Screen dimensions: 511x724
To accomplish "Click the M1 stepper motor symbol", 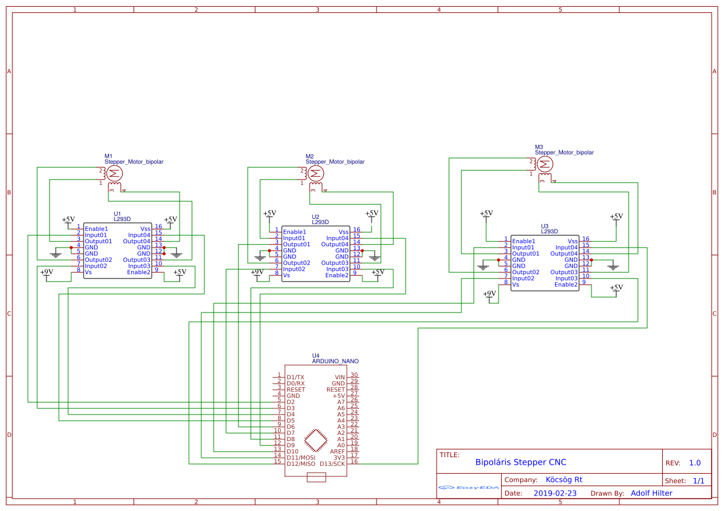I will click(x=116, y=173).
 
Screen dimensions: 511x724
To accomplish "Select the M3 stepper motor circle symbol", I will click(x=545, y=164).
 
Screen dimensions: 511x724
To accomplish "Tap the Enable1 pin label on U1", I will click(x=96, y=229).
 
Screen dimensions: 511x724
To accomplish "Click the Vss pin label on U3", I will click(x=573, y=241).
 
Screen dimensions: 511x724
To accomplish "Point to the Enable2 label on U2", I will click(x=337, y=275).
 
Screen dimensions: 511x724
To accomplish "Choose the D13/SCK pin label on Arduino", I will click(x=332, y=463).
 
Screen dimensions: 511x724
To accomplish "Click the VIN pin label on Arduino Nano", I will click(x=339, y=377).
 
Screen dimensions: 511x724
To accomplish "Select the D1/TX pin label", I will click(x=295, y=377).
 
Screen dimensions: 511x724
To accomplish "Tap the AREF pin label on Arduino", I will click(x=337, y=451).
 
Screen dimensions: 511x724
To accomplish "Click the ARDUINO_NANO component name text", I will click(x=335, y=361).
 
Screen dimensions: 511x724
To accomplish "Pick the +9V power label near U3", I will click(x=489, y=293).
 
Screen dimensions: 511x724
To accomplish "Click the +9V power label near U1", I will click(x=46, y=272).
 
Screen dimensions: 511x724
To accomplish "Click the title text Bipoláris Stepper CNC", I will click(x=520, y=462).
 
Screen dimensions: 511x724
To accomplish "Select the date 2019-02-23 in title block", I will click(x=554, y=493).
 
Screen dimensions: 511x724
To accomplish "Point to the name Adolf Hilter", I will click(x=651, y=493).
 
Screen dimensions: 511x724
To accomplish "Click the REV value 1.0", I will click(x=694, y=463).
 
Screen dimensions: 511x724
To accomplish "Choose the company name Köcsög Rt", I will click(x=564, y=479).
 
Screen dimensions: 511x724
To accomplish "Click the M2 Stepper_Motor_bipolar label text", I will click(x=334, y=161).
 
